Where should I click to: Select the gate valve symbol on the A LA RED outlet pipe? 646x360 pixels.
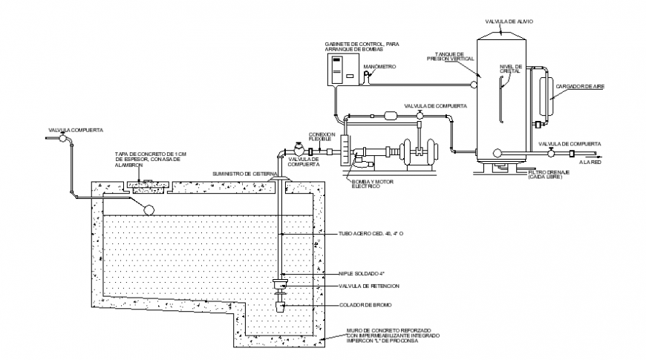550,152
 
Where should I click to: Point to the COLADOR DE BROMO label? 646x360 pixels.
361,305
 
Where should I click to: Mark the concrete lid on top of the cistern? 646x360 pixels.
146,181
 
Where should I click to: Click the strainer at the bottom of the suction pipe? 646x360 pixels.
281,306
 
